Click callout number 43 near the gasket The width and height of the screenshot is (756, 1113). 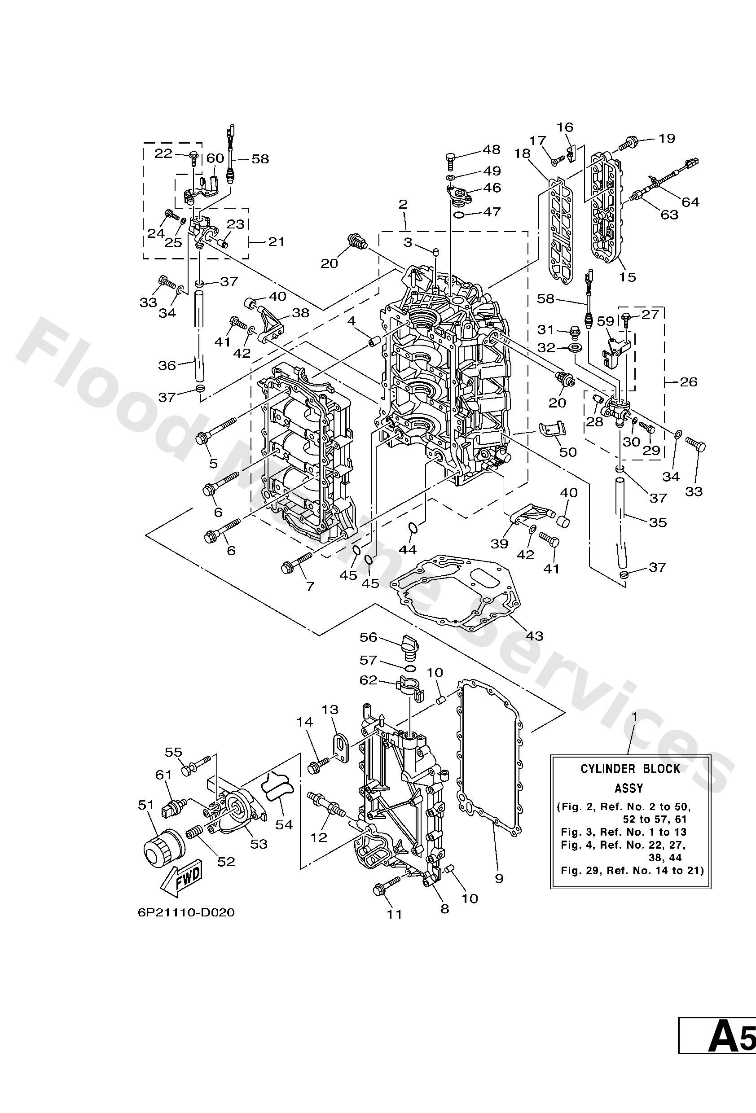pyautogui.click(x=535, y=636)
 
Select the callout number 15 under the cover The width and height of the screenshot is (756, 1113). pyautogui.click(x=627, y=277)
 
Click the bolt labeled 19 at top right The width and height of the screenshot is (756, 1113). pyautogui.click(x=628, y=142)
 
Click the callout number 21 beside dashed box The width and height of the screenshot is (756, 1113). pyautogui.click(x=276, y=241)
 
